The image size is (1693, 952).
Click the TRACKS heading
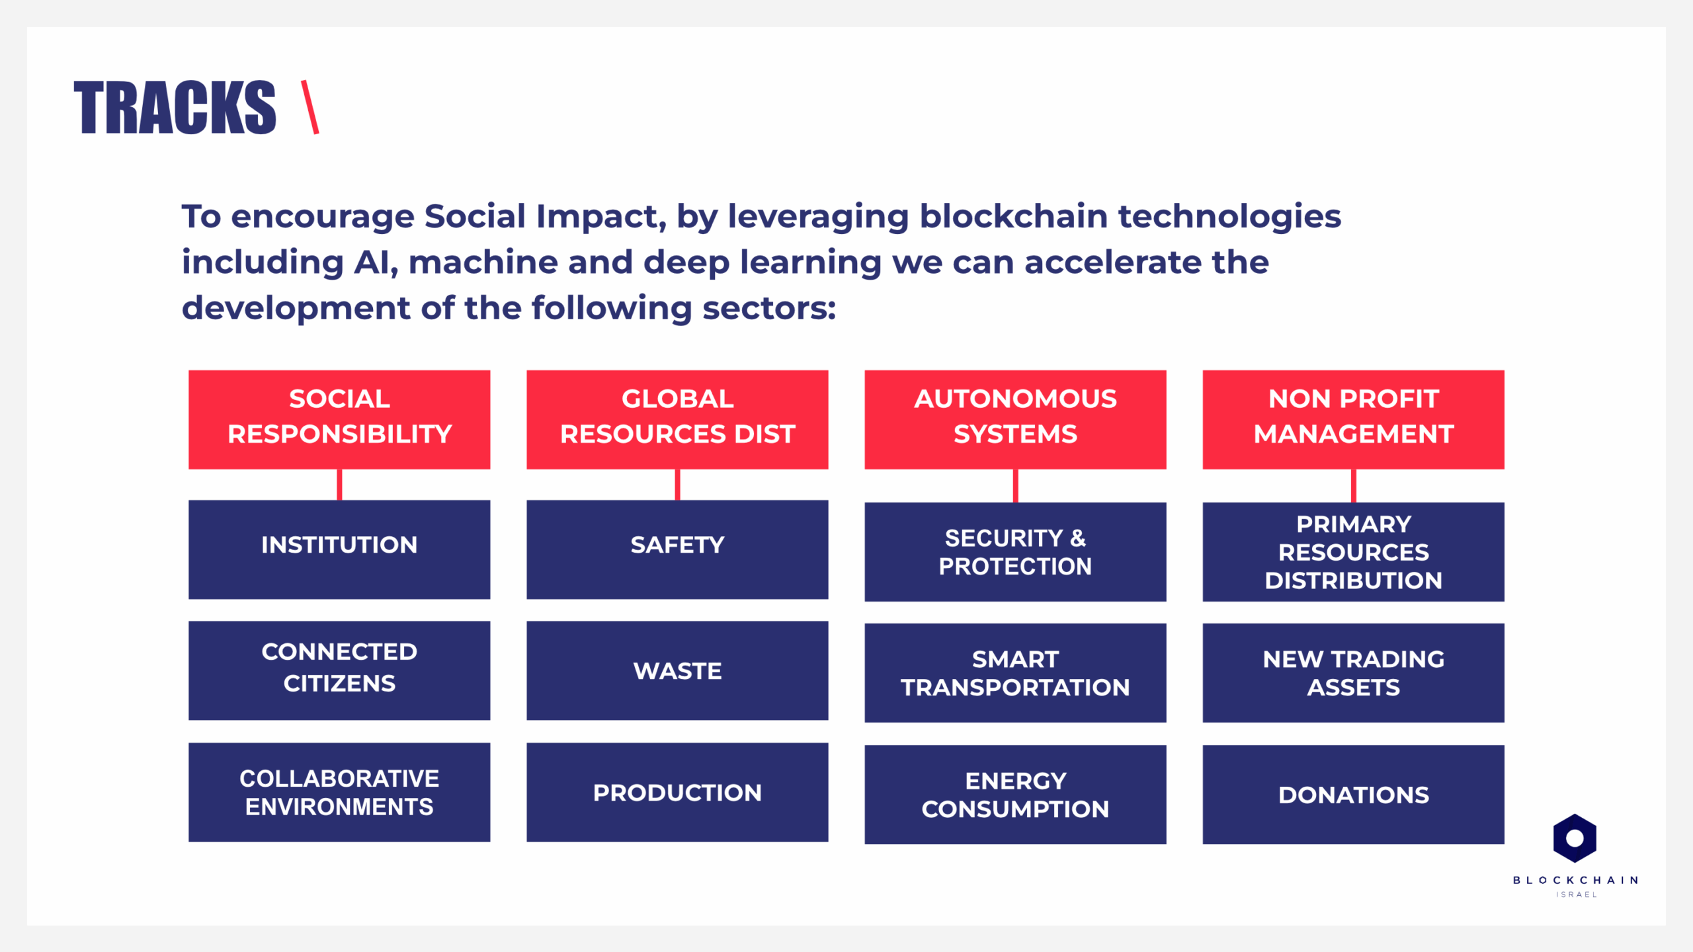(175, 108)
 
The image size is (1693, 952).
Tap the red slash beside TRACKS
(310, 107)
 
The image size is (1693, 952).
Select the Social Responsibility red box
(339, 420)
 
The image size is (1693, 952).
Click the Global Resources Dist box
(677, 420)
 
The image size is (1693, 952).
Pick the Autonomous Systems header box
(1015, 420)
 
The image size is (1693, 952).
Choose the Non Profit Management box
(1353, 420)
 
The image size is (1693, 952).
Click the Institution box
(339, 549)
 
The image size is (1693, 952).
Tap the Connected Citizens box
(339, 670)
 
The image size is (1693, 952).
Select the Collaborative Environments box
(339, 792)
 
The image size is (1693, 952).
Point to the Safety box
(677, 549)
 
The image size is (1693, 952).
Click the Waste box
(677, 670)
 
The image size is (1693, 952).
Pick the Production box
(677, 792)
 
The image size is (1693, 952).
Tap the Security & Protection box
(1015, 552)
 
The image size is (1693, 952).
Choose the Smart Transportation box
(1015, 673)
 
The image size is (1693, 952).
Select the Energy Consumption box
(1015, 795)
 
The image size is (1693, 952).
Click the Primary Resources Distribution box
(1353, 552)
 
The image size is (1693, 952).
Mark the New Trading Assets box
(1353, 673)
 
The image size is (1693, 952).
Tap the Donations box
(1353, 795)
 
